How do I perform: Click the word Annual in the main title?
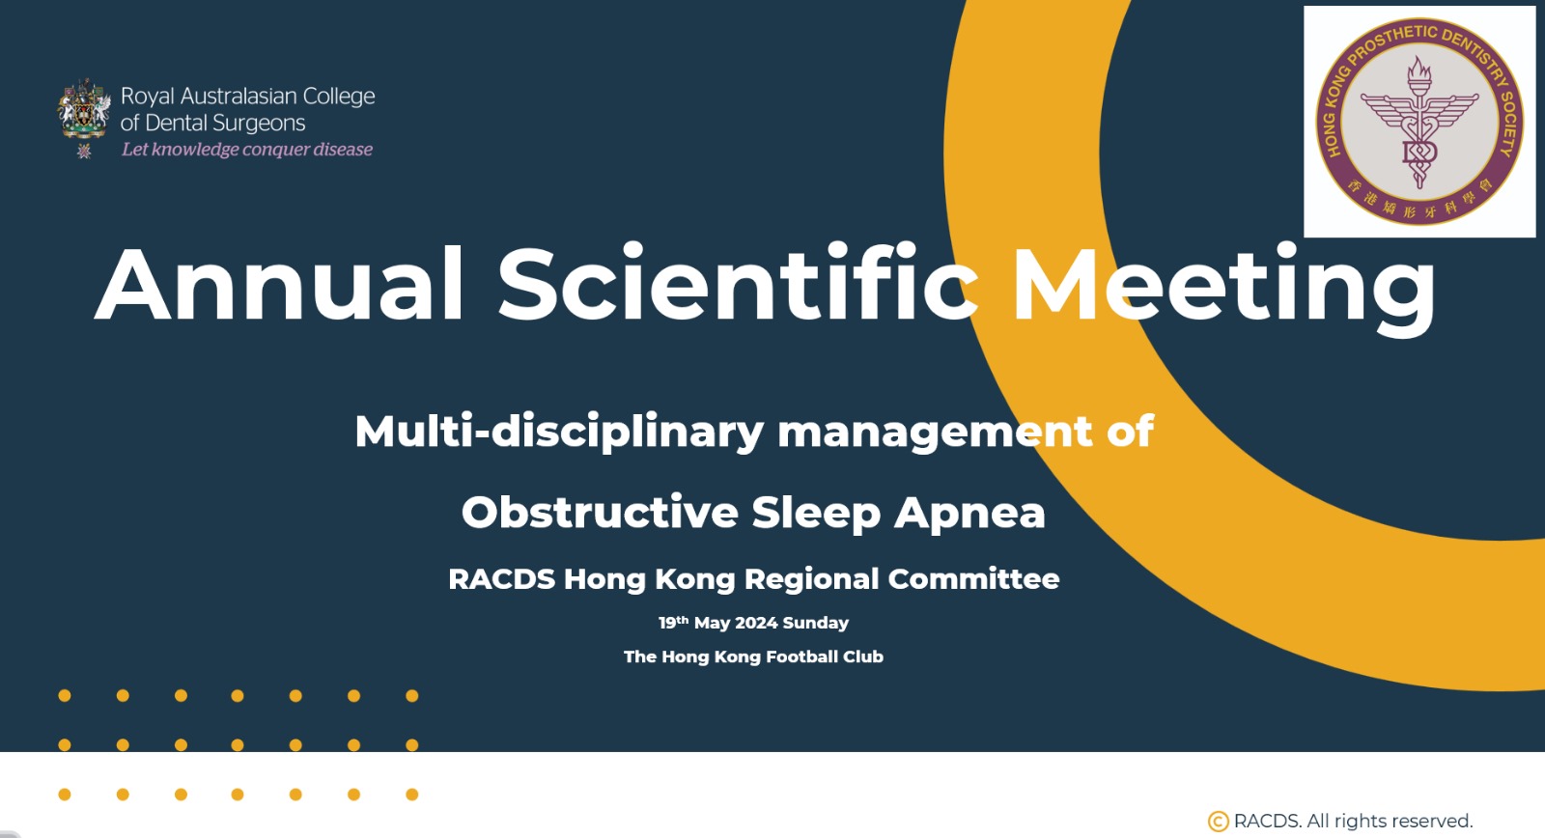(279, 284)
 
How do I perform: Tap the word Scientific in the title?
(738, 283)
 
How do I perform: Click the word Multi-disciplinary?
(559, 433)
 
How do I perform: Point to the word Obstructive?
(600, 512)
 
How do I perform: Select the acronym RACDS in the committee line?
(501, 579)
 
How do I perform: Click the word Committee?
(973, 579)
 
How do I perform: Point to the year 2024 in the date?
(757, 623)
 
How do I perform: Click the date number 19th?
(673, 622)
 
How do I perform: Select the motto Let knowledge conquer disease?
(247, 150)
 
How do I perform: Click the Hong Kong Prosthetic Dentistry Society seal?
(1419, 122)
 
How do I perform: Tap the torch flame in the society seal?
(1419, 70)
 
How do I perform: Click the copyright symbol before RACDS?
(1218, 822)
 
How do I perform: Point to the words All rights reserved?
(1390, 822)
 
